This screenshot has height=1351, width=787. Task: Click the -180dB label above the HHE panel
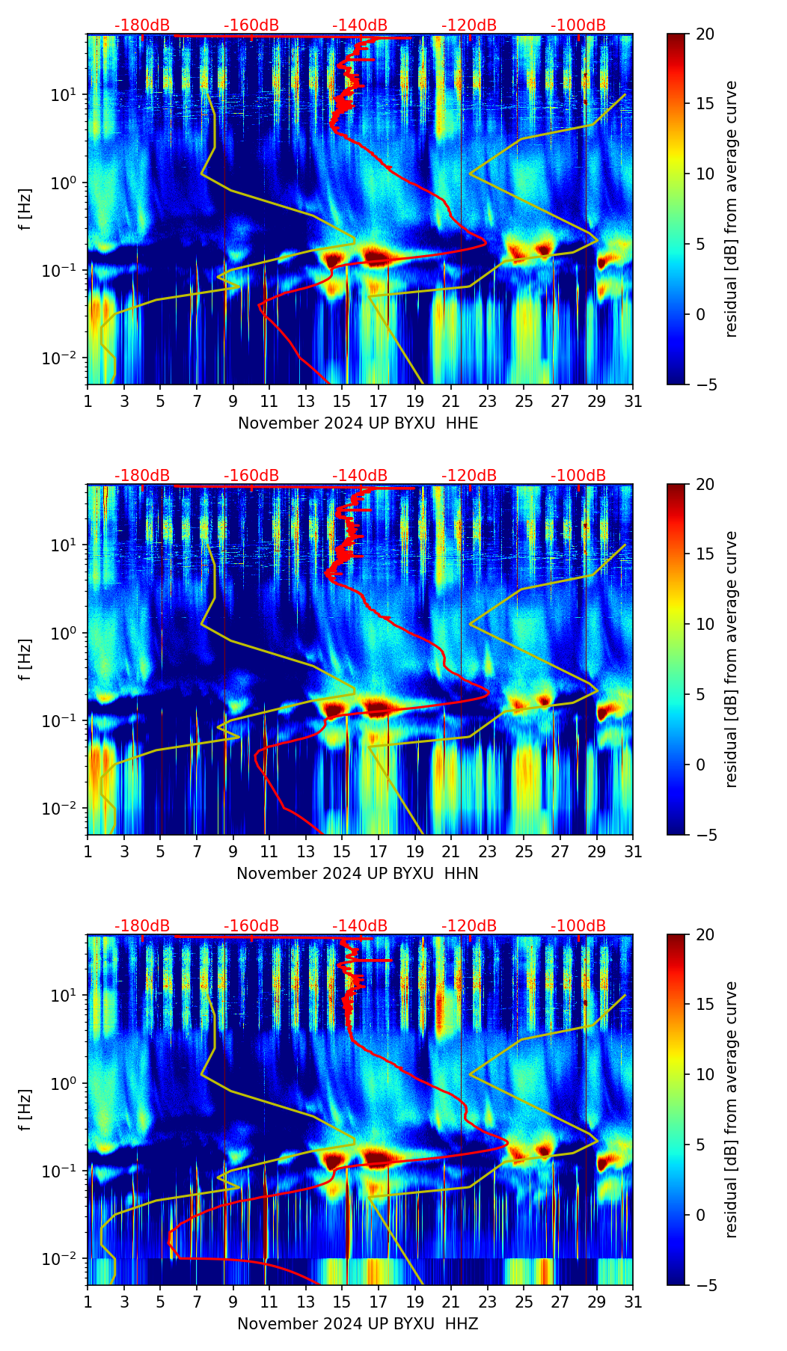[142, 25]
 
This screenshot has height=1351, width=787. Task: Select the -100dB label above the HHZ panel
[578, 926]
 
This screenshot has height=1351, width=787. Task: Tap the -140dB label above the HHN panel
[360, 476]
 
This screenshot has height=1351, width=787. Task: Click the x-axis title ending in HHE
[358, 423]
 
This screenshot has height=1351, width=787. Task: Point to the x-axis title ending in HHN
[358, 874]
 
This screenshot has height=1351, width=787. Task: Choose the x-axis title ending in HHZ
[358, 1324]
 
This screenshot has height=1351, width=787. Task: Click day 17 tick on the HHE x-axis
[379, 402]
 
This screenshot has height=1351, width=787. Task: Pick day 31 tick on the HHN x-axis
[633, 852]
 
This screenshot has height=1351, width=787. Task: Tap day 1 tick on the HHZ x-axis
[88, 1302]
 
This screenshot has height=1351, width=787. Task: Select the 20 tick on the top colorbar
[705, 34]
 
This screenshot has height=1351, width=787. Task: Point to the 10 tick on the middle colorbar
[705, 624]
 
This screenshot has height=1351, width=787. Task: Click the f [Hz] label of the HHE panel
[25, 209]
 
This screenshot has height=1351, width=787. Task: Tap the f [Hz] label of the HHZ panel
[25, 1110]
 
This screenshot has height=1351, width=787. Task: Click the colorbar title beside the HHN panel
[732, 659]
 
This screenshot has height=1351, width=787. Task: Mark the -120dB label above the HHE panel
[469, 25]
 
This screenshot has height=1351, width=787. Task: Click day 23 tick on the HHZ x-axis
[488, 1302]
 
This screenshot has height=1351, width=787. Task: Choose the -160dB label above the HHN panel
[251, 476]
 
